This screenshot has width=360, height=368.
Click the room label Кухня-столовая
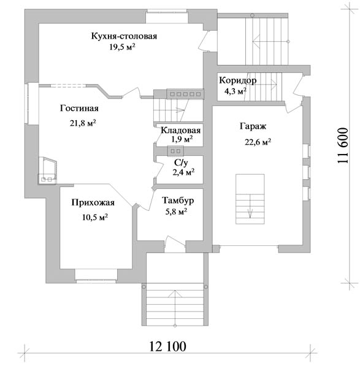click(x=124, y=36)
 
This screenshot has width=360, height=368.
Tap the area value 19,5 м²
click(x=122, y=47)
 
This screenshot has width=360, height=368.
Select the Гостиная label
click(x=79, y=108)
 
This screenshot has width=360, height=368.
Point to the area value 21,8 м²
click(x=83, y=123)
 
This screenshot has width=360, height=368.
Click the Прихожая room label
click(x=93, y=203)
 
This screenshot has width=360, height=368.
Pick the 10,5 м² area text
click(x=95, y=217)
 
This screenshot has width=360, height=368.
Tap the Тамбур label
click(x=178, y=201)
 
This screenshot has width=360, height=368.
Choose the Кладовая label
click(x=181, y=131)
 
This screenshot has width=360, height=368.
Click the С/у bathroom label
click(x=181, y=163)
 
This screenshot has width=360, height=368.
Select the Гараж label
click(x=253, y=126)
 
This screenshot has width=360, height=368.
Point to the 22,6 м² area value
click(x=258, y=142)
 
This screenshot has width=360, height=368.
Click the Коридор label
click(x=238, y=80)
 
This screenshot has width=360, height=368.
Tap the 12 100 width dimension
click(x=168, y=346)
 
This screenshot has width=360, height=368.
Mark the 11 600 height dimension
click(x=343, y=145)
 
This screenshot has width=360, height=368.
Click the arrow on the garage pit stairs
click(x=250, y=206)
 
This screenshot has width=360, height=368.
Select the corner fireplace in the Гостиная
click(x=47, y=170)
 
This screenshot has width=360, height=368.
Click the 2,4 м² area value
click(x=183, y=172)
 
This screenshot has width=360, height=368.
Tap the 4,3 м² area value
click(x=236, y=91)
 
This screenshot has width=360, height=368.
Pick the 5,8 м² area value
click(x=177, y=212)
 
